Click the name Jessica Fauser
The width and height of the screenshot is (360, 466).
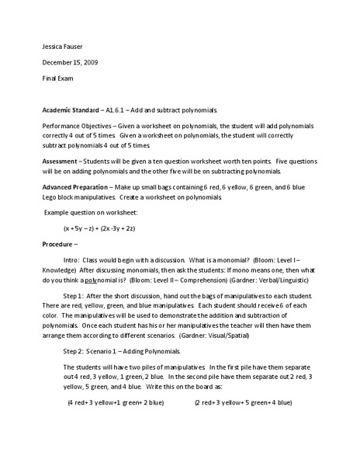click(x=63, y=43)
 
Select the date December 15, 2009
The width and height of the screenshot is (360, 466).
click(x=69, y=61)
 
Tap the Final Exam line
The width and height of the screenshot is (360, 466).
click(x=57, y=79)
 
